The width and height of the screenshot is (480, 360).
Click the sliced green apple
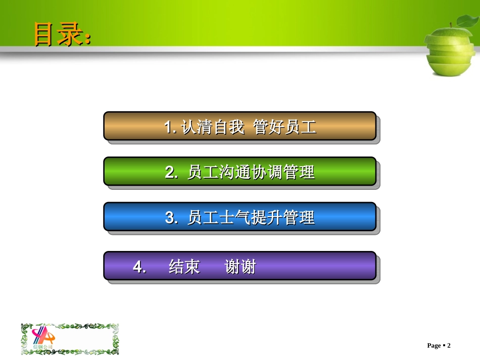pyautogui.click(x=450, y=50)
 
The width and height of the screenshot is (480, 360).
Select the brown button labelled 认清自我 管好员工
pyautogui.click(x=239, y=126)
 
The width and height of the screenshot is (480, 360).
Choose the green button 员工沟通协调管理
pyautogui.click(x=239, y=172)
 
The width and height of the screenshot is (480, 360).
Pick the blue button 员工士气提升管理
pyautogui.click(x=239, y=217)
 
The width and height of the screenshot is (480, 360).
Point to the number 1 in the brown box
pyautogui.click(x=169, y=127)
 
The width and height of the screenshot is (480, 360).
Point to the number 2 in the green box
pyautogui.click(x=170, y=173)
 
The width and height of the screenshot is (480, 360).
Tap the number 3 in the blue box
pyautogui.click(x=170, y=218)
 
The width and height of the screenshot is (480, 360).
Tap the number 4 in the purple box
pyautogui.click(x=138, y=267)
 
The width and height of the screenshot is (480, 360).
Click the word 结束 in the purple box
pyautogui.click(x=184, y=267)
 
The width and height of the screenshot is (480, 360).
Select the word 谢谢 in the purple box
pyautogui.click(x=240, y=267)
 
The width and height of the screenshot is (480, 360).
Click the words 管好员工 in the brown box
pyautogui.click(x=285, y=127)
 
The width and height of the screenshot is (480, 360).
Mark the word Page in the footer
pyautogui.click(x=434, y=346)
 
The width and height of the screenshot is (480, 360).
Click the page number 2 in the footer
pyautogui.click(x=448, y=346)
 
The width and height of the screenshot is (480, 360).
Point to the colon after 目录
pyautogui.click(x=88, y=39)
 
